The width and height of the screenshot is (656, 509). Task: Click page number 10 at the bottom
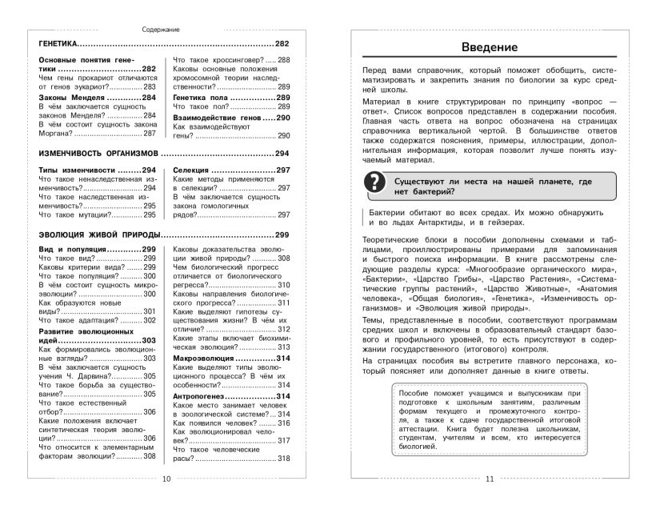click(166, 501)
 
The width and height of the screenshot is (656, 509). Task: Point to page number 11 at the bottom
click(490, 501)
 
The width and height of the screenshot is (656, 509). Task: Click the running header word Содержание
click(161, 29)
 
